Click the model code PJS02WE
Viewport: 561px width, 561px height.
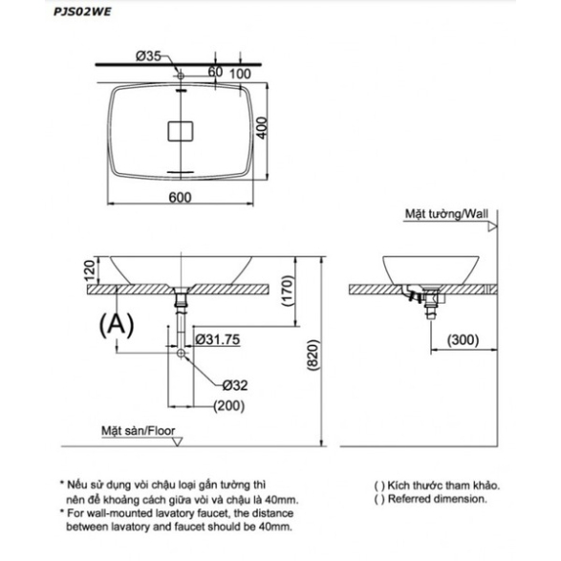tap(82, 11)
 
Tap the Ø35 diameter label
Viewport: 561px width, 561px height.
tap(148, 56)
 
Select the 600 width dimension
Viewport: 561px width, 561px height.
tap(180, 197)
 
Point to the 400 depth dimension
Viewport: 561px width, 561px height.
tap(262, 128)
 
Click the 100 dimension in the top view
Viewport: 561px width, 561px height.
tap(240, 74)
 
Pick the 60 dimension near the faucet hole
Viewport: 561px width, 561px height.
tap(215, 72)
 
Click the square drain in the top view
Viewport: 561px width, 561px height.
tap(181, 131)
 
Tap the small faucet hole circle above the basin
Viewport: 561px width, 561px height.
tap(181, 76)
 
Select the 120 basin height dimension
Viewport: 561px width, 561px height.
tap(90, 270)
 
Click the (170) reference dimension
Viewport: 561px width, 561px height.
tap(288, 291)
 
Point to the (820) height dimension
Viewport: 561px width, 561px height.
tap(313, 355)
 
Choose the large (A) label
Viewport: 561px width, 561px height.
tap(117, 325)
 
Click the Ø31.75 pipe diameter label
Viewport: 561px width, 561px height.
tap(218, 339)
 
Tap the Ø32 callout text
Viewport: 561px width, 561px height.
tap(235, 385)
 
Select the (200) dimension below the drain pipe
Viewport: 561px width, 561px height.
tap(229, 406)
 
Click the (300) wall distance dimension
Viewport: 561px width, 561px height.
tap(463, 339)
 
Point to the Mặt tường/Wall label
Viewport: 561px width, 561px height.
tap(446, 214)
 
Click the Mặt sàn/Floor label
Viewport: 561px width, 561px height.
tap(139, 431)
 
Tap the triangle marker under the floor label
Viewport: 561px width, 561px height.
tap(177, 442)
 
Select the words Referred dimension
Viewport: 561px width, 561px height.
tap(437, 499)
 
